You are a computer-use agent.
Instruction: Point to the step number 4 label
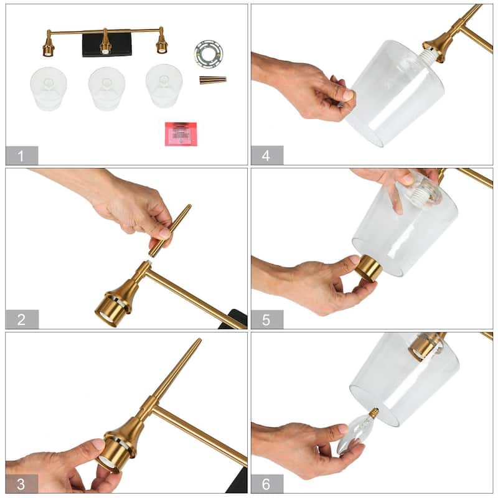(x=266, y=155)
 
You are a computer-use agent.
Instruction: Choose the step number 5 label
(x=266, y=319)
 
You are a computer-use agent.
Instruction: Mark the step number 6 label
(x=266, y=483)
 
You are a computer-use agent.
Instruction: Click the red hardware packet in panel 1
(x=181, y=133)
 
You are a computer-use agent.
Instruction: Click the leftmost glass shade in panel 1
(x=49, y=89)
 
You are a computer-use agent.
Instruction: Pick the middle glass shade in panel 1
(x=106, y=88)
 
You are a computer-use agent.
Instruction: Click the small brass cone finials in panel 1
(x=212, y=80)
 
